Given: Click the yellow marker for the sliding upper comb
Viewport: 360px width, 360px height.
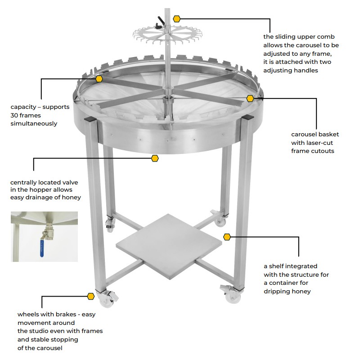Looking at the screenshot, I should (x=177, y=19).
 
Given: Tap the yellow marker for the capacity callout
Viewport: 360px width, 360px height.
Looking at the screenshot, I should (x=99, y=78).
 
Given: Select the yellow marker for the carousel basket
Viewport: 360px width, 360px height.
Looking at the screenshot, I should (x=250, y=98).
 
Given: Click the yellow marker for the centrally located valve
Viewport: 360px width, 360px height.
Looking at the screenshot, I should (x=155, y=158).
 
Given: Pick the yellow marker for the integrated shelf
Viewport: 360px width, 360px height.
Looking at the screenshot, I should (x=227, y=237).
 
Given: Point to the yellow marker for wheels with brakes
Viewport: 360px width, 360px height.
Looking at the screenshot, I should (x=90, y=296).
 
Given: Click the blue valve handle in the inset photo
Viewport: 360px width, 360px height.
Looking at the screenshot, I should (x=42, y=247).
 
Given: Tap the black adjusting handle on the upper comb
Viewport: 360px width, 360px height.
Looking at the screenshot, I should (x=161, y=21).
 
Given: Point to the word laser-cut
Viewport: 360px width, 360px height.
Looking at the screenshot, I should (x=314, y=143).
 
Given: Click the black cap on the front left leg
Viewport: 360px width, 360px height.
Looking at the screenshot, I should (x=89, y=120).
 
